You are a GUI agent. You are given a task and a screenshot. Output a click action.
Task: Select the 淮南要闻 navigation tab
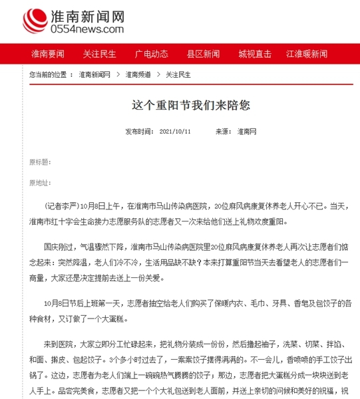tap(47, 54)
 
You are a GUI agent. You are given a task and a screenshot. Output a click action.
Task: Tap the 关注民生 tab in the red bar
tap(99, 54)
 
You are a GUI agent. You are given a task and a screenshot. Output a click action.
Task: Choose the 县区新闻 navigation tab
tap(203, 54)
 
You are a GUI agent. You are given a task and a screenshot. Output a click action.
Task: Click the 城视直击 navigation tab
tap(255, 54)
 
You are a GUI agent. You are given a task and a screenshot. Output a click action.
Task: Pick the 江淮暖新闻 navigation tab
tap(306, 54)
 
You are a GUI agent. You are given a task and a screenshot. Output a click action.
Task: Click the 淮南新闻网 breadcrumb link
tap(94, 74)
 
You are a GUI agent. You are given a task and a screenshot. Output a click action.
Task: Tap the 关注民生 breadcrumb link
tap(178, 74)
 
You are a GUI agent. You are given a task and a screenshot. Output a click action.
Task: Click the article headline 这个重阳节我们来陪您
tap(180, 106)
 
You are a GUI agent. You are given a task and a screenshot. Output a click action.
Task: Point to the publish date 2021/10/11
tap(176, 132)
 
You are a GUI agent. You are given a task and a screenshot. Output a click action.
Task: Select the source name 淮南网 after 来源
tap(247, 132)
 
